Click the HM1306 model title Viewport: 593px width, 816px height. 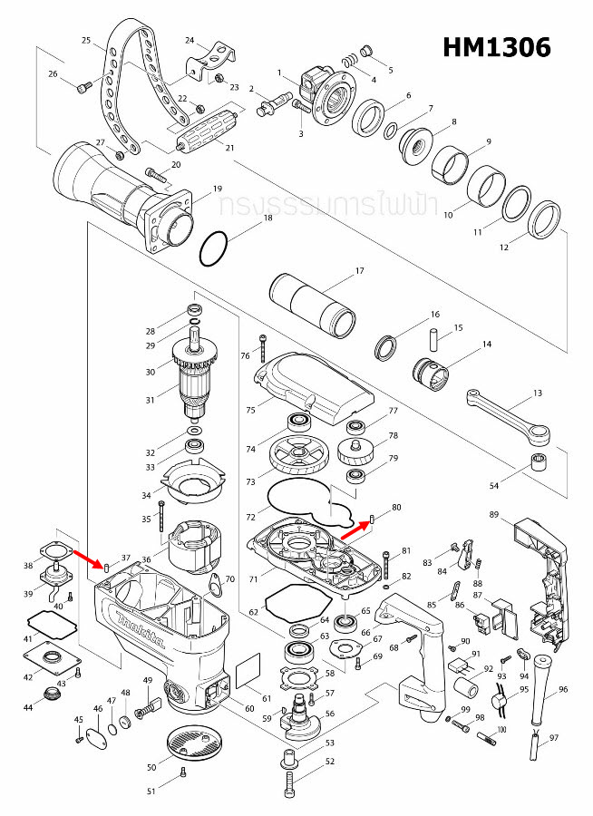tap(496, 48)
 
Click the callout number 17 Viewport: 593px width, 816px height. tap(359, 271)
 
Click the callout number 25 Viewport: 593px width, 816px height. tap(86, 41)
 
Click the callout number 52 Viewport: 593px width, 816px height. tap(329, 763)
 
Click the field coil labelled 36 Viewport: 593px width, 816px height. tap(194, 546)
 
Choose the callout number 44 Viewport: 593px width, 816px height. tap(29, 706)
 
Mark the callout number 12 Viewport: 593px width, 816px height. tap(505, 248)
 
